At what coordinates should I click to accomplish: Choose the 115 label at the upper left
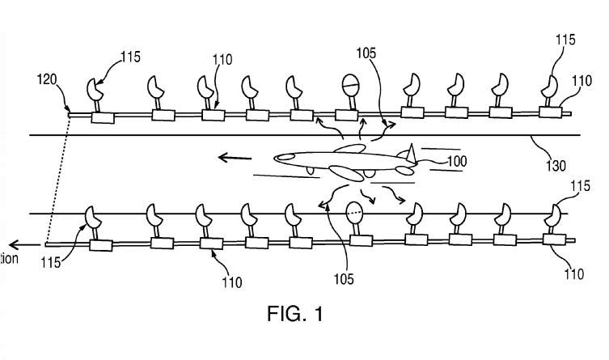(x=129, y=57)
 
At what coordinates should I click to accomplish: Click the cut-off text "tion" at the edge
(x=9, y=258)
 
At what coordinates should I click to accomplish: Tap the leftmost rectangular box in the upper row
(x=103, y=118)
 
